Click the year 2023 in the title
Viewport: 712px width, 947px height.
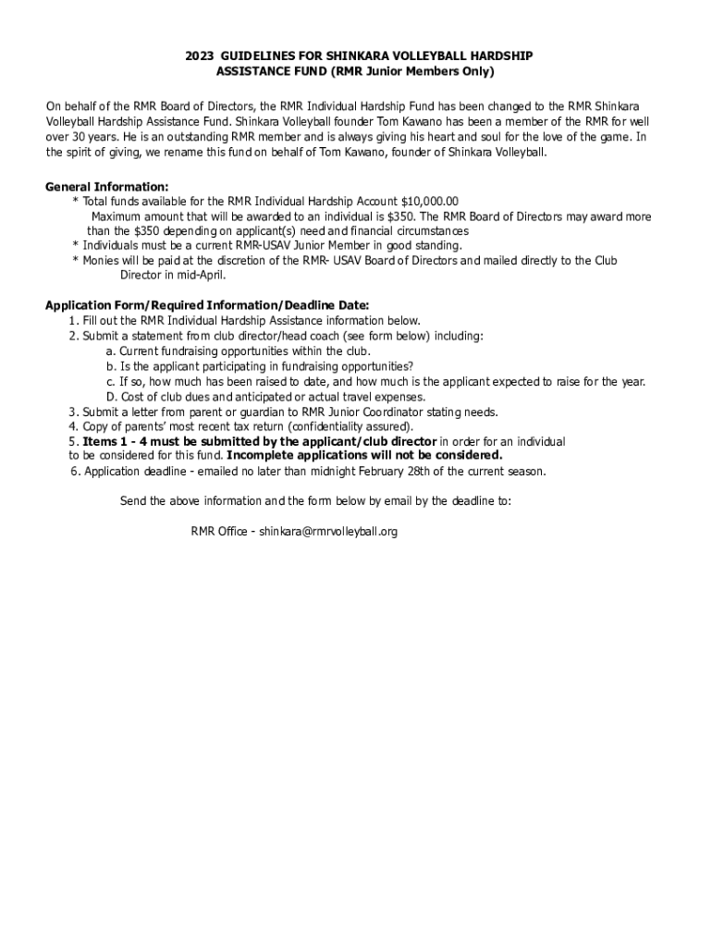(x=199, y=56)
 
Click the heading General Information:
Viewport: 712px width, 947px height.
(x=107, y=187)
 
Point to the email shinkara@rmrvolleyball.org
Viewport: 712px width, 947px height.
(x=328, y=532)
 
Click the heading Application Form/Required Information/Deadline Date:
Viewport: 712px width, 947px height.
(x=207, y=305)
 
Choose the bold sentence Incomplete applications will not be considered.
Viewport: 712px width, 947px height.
(x=365, y=456)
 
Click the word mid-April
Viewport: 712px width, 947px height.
(x=199, y=276)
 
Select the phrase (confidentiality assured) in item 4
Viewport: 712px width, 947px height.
(x=350, y=427)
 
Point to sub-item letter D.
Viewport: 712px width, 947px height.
(x=111, y=397)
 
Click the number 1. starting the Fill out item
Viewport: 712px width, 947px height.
(x=74, y=321)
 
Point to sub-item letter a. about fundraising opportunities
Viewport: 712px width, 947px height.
(x=111, y=351)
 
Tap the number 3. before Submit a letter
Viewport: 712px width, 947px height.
(x=74, y=412)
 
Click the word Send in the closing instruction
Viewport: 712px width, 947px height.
(x=133, y=501)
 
